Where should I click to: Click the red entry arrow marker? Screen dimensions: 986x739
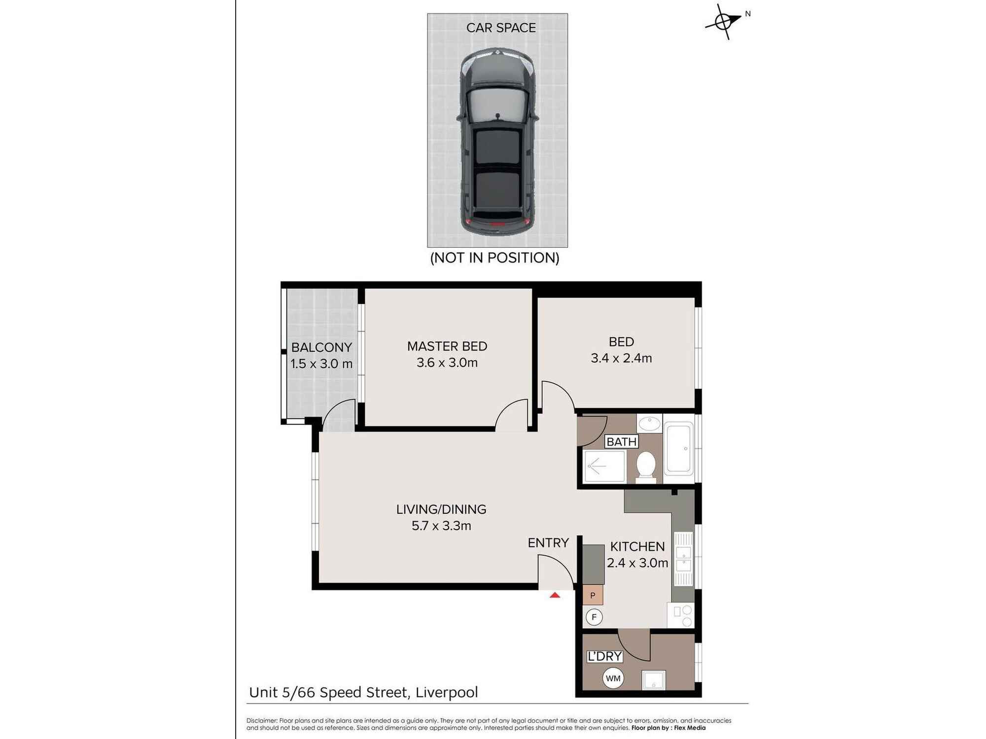(x=555, y=595)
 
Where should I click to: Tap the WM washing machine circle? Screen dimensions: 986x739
(x=613, y=678)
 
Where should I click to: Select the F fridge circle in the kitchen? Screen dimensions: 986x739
(x=594, y=617)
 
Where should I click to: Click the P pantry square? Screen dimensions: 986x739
(x=593, y=595)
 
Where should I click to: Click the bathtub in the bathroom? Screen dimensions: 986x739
(x=678, y=448)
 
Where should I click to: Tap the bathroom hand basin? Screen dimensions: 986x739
(x=649, y=423)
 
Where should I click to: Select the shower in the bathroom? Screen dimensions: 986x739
(x=605, y=466)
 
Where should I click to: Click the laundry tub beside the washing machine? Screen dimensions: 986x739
(x=654, y=680)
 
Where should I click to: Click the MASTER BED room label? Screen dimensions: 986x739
(x=447, y=346)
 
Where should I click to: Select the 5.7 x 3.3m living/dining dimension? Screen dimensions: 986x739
(x=441, y=526)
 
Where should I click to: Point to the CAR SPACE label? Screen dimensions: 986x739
(x=501, y=28)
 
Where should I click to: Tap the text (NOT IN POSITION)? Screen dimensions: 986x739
(x=494, y=258)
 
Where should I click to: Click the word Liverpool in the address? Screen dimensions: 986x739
(x=447, y=693)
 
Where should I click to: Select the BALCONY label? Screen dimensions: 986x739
(x=321, y=347)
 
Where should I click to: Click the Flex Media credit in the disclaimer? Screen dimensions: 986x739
(x=690, y=728)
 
